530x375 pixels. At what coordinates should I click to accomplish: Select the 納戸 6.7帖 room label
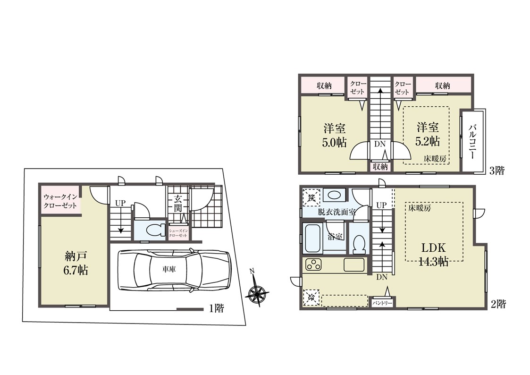pyautogui.click(x=76, y=263)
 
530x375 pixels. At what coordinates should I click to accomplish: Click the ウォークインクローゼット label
pyautogui.click(x=60, y=201)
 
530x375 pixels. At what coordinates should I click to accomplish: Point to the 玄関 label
pyautogui.click(x=178, y=203)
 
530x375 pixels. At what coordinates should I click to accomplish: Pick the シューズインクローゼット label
pyautogui.click(x=178, y=233)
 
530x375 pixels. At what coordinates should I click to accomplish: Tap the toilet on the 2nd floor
pyautogui.click(x=358, y=244)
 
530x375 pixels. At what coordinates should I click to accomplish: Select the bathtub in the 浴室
pyautogui.click(x=312, y=238)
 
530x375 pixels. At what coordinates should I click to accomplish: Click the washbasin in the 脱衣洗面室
pyautogui.click(x=334, y=196)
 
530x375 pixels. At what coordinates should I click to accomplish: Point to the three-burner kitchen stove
pyautogui.click(x=313, y=264)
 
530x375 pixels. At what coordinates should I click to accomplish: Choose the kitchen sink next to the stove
pyautogui.click(x=353, y=264)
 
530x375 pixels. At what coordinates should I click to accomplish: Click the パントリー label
pyautogui.click(x=382, y=303)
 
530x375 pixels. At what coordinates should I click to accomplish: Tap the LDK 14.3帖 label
pyautogui.click(x=434, y=254)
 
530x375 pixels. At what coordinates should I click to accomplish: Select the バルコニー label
pyautogui.click(x=472, y=141)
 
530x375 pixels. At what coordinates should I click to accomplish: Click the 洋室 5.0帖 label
pyautogui.click(x=334, y=135)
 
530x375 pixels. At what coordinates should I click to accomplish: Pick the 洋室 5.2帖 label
pyautogui.click(x=428, y=134)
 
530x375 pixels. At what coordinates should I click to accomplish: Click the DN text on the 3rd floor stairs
pyautogui.click(x=379, y=144)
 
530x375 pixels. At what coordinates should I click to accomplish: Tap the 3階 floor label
pyautogui.click(x=497, y=170)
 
